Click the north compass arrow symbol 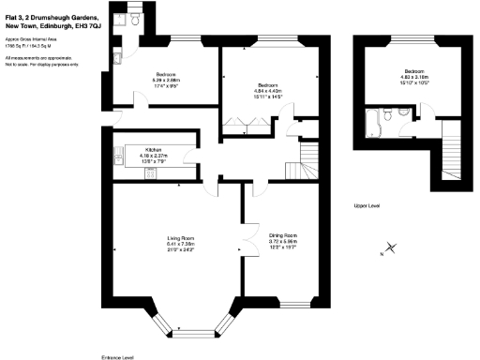pos(392,249)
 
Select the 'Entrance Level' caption pos(117,355)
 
